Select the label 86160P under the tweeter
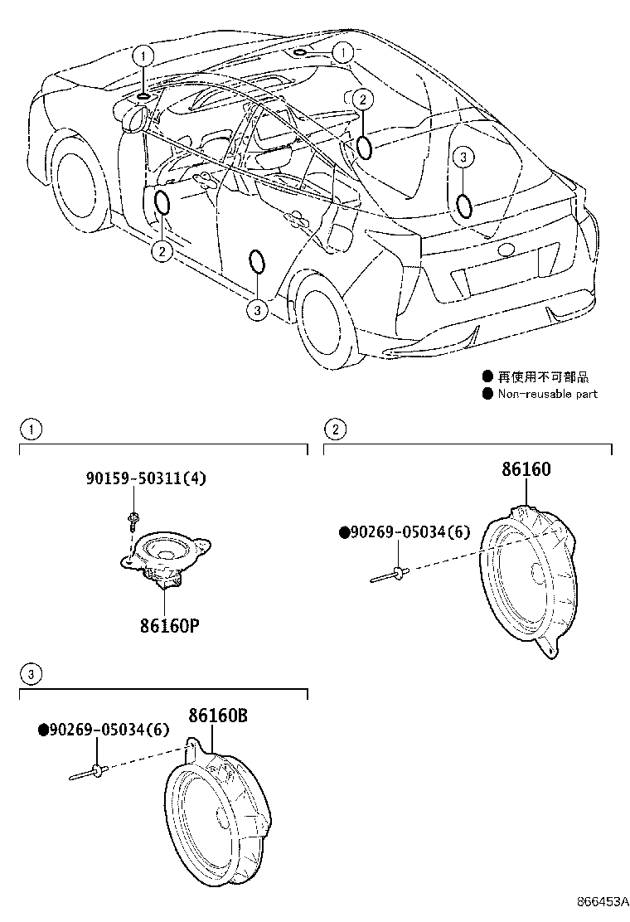[x=169, y=624]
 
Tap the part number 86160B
[x=217, y=715]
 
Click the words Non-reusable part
[x=547, y=394]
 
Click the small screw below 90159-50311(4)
[x=133, y=522]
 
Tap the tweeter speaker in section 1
[x=167, y=556]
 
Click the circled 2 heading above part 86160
[x=334, y=429]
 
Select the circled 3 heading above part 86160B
[x=30, y=673]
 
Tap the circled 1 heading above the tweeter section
[x=30, y=429]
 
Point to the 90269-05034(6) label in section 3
[x=104, y=730]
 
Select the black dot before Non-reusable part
[x=487, y=394]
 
